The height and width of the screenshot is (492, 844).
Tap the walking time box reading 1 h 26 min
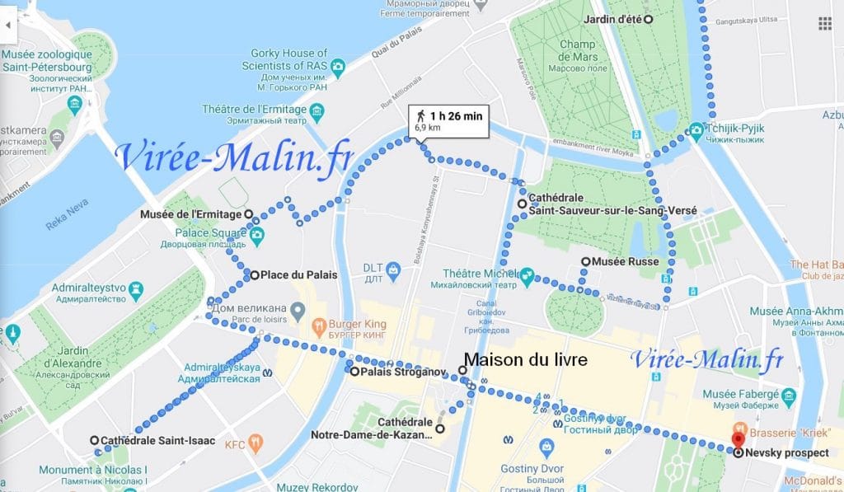pos(449,121)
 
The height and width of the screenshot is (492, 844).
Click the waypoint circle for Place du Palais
pos(256,274)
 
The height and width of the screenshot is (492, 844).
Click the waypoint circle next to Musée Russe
pos(586,262)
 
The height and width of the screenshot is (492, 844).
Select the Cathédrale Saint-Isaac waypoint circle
pos(95,440)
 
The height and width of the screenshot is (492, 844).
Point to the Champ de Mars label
pos(578,51)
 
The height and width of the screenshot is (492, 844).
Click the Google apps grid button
pos(825,24)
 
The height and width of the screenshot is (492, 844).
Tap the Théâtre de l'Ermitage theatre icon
pos(316,110)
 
